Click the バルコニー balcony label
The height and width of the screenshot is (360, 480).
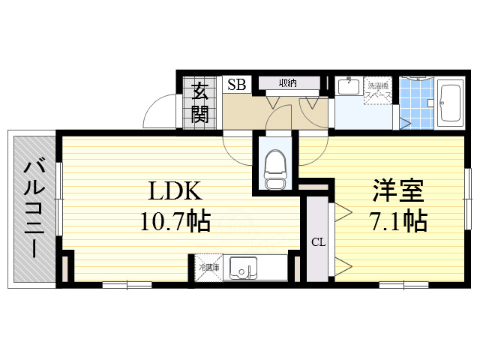pos(33,208)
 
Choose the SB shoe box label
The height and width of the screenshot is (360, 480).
pos(236,84)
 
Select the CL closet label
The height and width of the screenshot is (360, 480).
pos(317,241)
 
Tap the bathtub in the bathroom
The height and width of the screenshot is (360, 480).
pos(451,103)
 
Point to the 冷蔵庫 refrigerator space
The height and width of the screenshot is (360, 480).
pos(208,266)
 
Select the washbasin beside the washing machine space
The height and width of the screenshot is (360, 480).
pos(346,87)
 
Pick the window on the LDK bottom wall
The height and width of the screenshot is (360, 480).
pos(127,285)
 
